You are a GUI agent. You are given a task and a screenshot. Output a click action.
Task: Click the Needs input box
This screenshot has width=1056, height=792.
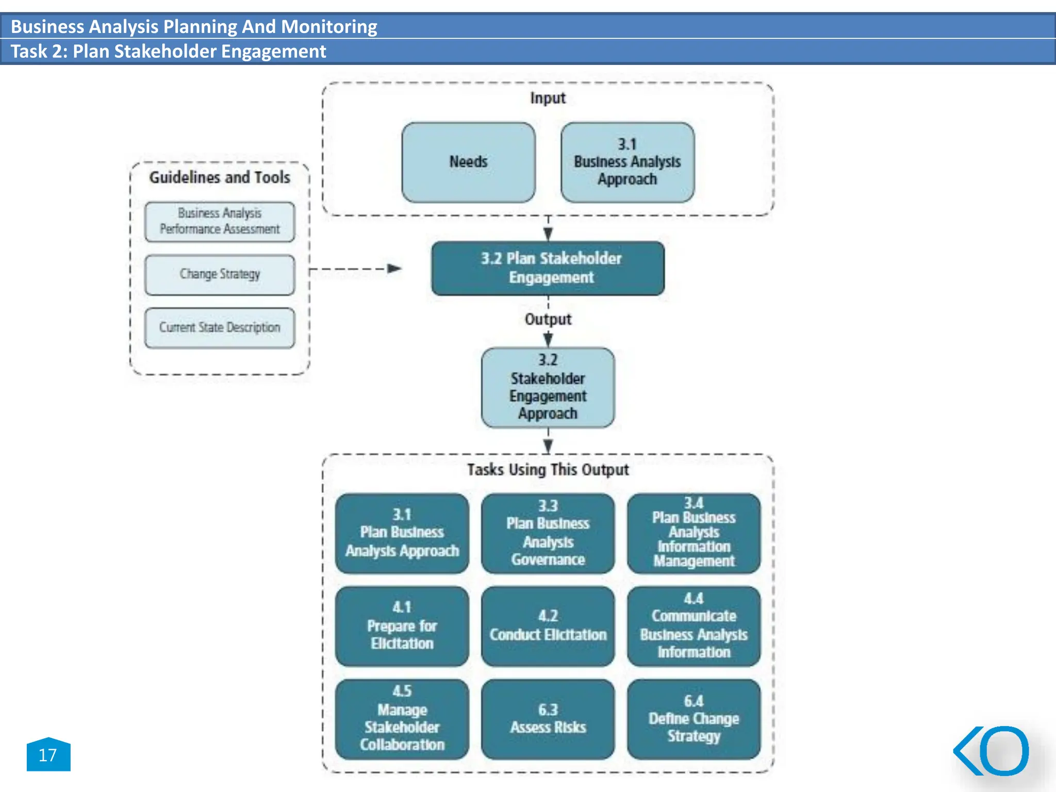(468, 162)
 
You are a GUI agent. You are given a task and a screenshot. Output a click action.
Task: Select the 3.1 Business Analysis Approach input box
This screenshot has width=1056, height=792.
(627, 162)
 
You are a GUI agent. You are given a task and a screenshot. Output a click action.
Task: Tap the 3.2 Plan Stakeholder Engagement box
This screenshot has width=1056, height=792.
(548, 268)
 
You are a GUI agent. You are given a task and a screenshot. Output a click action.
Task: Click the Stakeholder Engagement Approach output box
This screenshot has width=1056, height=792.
(548, 388)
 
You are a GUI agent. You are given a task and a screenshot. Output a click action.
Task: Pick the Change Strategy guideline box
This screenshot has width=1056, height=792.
(220, 275)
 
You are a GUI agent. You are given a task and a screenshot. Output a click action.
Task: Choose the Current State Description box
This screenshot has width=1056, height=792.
(220, 328)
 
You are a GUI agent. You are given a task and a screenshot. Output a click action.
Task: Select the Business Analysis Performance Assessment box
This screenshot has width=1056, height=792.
(220, 222)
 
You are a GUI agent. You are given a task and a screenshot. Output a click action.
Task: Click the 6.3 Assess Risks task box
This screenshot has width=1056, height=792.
(548, 719)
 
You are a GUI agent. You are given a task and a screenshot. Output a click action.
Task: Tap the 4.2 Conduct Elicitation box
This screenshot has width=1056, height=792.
(548, 626)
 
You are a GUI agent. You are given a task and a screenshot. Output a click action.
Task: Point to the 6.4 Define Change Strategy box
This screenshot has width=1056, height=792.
(694, 719)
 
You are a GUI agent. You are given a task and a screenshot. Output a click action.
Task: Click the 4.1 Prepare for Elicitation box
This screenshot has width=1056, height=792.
(402, 626)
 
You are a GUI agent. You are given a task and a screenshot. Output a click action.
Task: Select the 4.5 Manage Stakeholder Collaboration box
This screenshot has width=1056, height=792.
(402, 719)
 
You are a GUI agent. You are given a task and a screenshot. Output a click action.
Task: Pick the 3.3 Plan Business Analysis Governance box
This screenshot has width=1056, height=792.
(548, 533)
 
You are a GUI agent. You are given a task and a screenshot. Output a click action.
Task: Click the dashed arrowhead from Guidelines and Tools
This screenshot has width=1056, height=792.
(394, 268)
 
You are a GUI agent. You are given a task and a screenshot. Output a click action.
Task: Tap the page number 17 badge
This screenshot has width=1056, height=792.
(48, 755)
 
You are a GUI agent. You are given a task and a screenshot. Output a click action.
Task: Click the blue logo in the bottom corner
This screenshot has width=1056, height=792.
(992, 751)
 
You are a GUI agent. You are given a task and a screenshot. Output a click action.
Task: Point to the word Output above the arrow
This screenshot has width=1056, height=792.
(548, 319)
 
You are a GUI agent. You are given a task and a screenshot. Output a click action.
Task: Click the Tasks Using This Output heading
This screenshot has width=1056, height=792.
(548, 470)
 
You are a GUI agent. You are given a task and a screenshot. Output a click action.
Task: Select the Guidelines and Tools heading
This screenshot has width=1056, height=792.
(220, 177)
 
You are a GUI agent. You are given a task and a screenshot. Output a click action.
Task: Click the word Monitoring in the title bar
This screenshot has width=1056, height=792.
(329, 26)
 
